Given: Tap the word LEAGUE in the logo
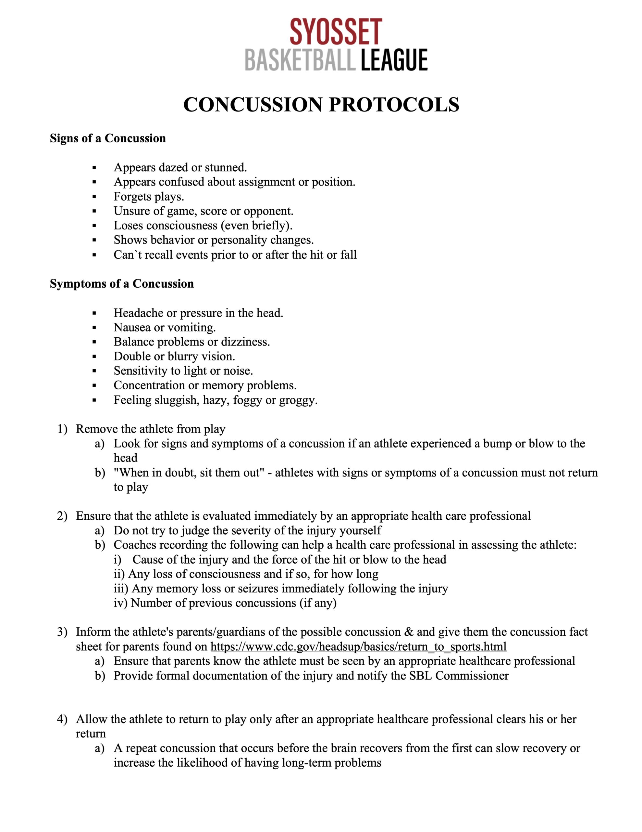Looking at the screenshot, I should pos(394,60).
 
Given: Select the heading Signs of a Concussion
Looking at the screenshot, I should pos(108,138).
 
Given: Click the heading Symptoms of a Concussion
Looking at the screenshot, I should pos(122,284).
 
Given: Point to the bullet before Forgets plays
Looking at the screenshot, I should pos(94,197).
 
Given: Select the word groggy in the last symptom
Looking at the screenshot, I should pos(297,400).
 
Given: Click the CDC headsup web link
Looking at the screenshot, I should pos(358,646).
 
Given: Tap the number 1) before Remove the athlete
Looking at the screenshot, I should pos(62,429).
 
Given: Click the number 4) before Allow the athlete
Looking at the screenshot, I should pos(62,719).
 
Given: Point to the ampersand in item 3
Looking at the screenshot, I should pos(409,632).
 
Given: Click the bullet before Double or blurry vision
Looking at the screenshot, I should pos(94,357).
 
